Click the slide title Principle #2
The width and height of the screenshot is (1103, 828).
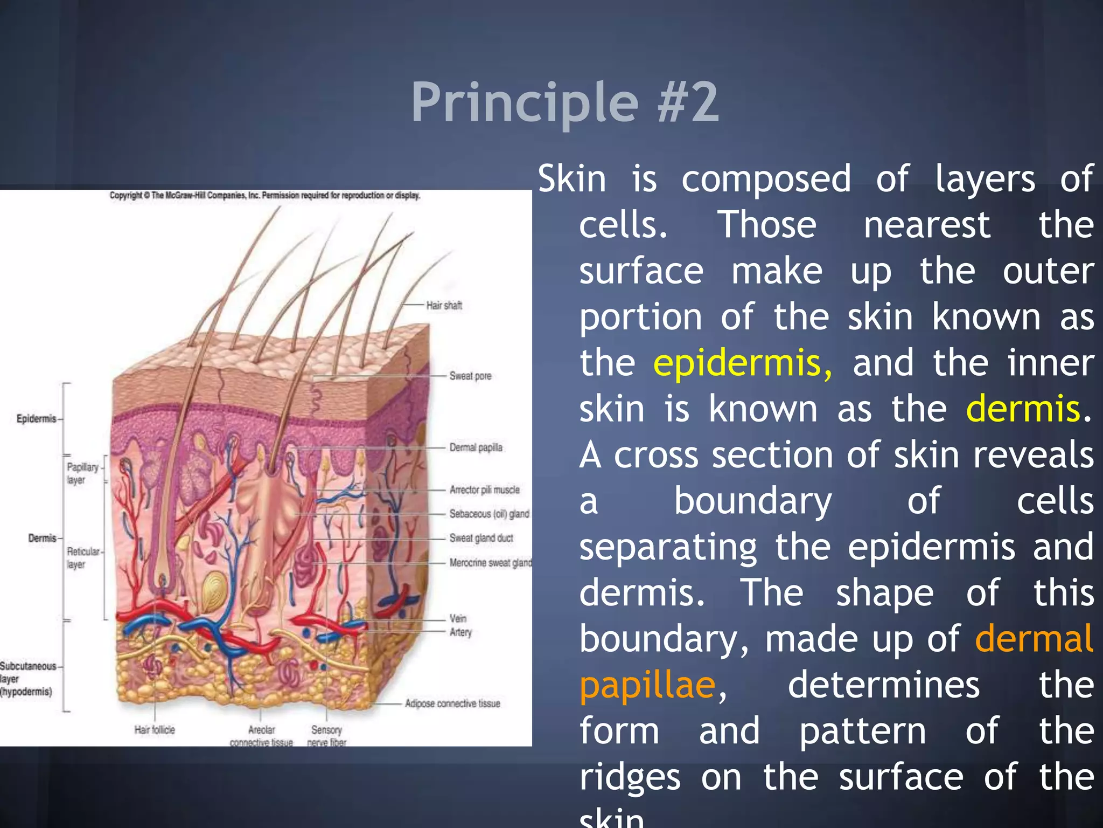tap(564, 102)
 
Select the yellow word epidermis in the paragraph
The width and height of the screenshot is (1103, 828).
tap(742, 363)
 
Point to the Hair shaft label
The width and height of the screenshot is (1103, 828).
tap(444, 306)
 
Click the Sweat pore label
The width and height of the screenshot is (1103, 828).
tap(470, 376)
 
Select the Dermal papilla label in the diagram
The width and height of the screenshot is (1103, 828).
tap(476, 447)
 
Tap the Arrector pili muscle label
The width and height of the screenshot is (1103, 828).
tap(484, 490)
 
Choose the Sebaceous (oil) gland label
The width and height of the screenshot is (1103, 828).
tap(489, 514)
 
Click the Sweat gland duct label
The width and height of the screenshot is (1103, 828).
tap(481, 538)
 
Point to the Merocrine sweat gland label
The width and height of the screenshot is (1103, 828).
tap(490, 563)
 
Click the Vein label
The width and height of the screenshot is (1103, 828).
tap(458, 618)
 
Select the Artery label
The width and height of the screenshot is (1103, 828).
tap(460, 632)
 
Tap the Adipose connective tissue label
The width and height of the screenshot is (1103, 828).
tap(452, 703)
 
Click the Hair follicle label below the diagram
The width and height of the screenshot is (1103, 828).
tap(155, 730)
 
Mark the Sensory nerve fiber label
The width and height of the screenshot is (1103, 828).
tap(326, 735)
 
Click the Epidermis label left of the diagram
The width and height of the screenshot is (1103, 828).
tap(36, 419)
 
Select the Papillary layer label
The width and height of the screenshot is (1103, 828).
tap(82, 473)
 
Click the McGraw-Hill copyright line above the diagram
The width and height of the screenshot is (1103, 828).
tap(264, 196)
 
